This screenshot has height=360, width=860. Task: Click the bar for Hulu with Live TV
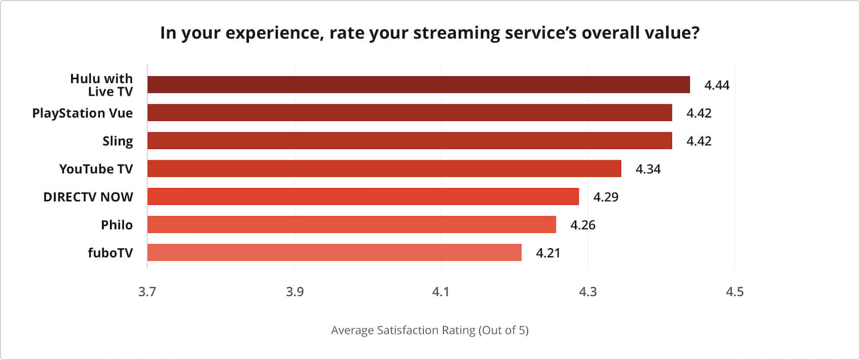click(419, 85)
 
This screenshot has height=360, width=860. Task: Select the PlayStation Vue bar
click(409, 113)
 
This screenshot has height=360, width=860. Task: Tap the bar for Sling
click(409, 140)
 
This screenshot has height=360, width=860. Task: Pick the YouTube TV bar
click(384, 169)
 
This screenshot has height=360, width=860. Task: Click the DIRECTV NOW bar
click(363, 197)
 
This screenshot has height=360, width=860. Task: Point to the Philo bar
click(351, 225)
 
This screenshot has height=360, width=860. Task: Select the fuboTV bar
click(334, 252)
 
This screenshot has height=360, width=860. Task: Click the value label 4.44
click(717, 85)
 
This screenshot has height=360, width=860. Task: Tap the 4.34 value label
click(648, 169)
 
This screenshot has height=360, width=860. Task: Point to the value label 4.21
click(548, 253)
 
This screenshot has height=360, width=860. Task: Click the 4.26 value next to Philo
click(583, 225)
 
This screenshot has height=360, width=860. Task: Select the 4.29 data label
click(605, 197)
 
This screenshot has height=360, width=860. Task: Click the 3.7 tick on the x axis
click(147, 292)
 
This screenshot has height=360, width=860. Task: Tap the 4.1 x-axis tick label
click(440, 292)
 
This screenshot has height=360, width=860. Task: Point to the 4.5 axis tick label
click(734, 292)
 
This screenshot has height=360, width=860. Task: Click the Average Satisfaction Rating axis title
click(429, 331)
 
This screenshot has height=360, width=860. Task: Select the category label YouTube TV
click(96, 169)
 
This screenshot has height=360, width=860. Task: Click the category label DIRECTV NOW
click(88, 197)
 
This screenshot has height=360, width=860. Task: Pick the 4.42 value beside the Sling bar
click(699, 141)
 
